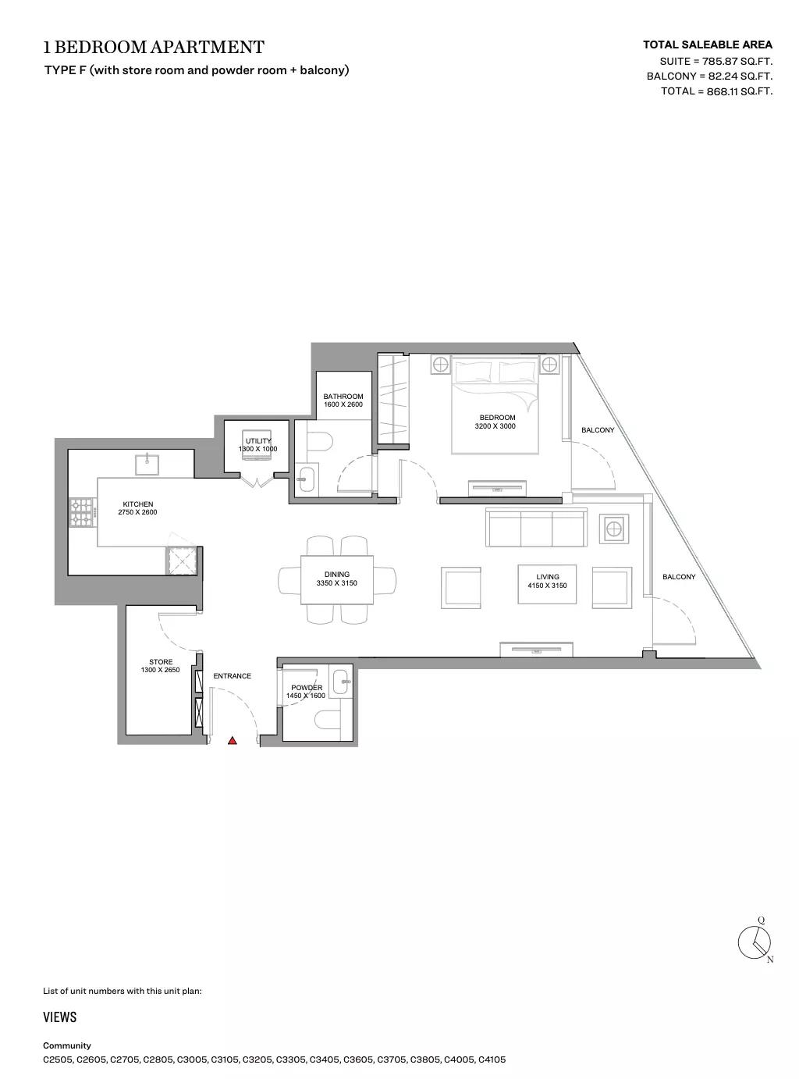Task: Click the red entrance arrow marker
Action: point(233,741)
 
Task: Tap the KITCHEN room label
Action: point(137,504)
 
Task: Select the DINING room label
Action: point(336,575)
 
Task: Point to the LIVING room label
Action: point(548,577)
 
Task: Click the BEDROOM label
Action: point(497,418)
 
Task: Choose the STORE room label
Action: point(161,661)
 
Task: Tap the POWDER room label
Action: point(307,687)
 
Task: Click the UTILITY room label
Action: point(258,441)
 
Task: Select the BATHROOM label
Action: point(343,397)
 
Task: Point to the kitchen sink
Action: point(147,464)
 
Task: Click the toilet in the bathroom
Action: point(319,442)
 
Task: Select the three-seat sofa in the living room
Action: point(536,527)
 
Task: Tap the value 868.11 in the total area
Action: point(722,91)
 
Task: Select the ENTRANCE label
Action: point(233,675)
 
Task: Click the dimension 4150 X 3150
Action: point(548,586)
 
